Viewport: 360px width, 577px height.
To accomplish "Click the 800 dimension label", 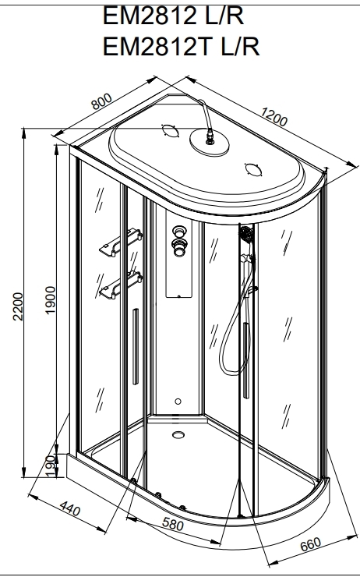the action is coord(101,101).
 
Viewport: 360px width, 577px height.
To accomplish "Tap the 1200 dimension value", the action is coord(274,117).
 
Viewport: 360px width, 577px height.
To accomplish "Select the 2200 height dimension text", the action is coord(18,306).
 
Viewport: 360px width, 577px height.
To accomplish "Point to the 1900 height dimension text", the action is coord(50,300).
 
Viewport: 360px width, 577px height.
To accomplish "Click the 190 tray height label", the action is coord(50,465).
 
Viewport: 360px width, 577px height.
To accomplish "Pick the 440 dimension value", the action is coord(70,509).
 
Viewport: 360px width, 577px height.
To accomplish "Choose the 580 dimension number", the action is coord(172,524).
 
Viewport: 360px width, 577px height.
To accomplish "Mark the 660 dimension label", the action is coord(311,544).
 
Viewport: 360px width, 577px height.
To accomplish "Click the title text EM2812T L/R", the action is coord(181,47).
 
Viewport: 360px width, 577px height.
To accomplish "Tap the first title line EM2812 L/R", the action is coord(173,16).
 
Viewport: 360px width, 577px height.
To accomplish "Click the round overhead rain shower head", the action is coord(210,143).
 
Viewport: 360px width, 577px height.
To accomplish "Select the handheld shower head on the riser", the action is coord(246,234).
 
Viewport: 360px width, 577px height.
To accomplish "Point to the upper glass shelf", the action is coord(121,242).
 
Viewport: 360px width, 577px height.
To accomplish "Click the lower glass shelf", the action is coord(121,285).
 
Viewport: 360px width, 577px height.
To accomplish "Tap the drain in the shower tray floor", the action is coord(178,435).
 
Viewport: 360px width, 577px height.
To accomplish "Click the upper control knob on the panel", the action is coord(179,232).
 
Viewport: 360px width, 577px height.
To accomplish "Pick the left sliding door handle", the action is coord(136,346).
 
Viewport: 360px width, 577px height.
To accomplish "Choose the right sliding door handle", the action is coord(245,360).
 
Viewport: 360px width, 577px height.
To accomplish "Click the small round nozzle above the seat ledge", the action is coord(178,402).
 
